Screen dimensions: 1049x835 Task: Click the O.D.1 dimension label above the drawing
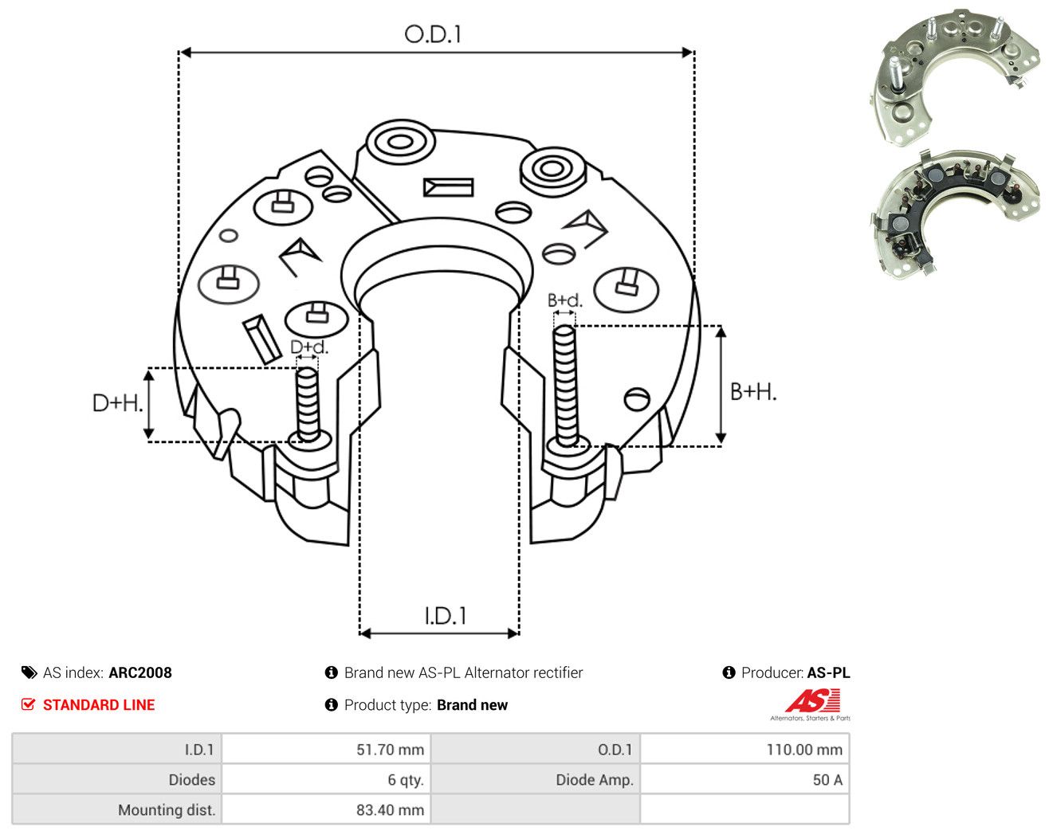click(x=432, y=34)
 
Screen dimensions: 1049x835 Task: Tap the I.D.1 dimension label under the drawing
click(x=446, y=616)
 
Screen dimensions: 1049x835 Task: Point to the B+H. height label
click(x=753, y=392)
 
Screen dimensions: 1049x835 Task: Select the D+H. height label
click(x=117, y=403)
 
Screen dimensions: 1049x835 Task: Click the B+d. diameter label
click(x=565, y=300)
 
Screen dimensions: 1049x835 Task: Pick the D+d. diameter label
click(x=309, y=347)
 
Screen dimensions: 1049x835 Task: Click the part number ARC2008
click(x=140, y=672)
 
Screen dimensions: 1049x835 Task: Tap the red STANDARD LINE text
click(x=99, y=705)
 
